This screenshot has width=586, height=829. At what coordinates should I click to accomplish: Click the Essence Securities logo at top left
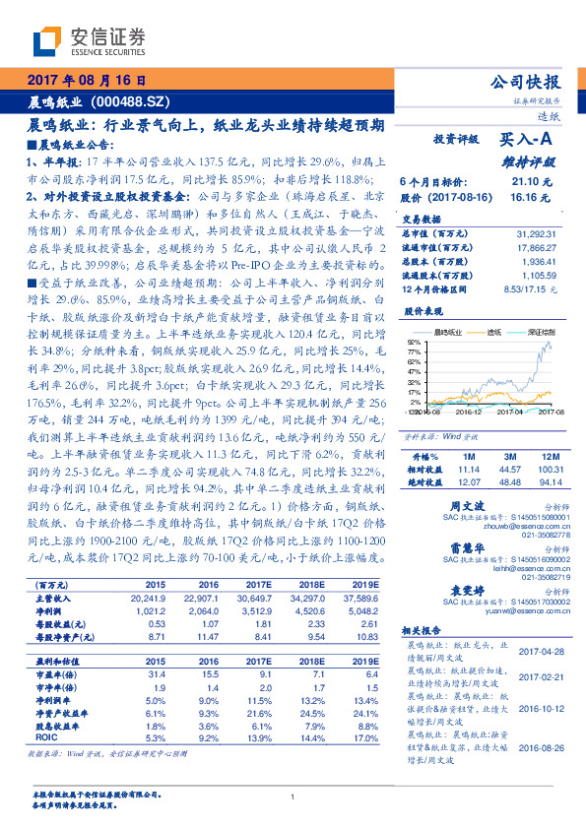coord(90,41)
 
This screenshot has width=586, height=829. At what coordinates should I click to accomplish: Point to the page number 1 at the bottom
coord(293,797)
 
